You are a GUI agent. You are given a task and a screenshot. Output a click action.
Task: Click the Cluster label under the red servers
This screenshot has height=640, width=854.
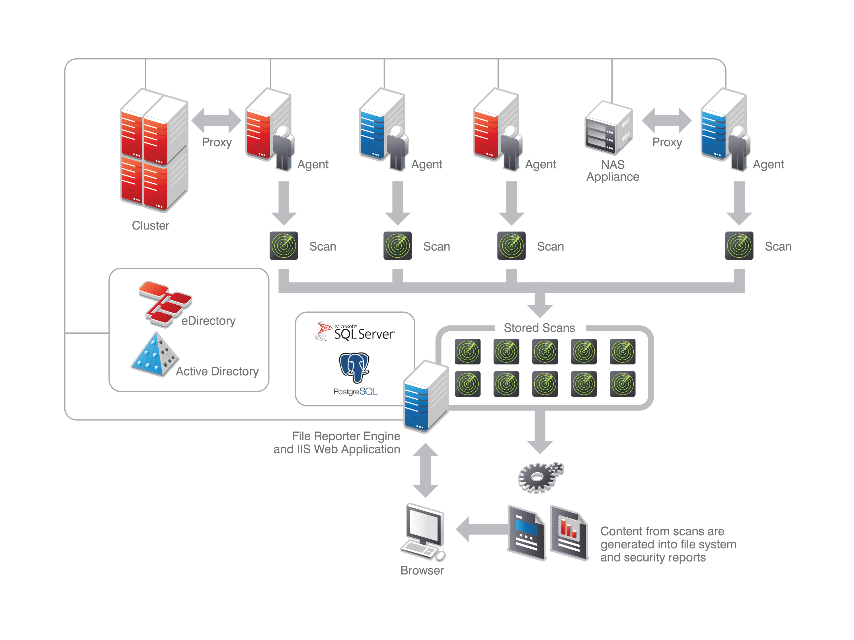click(x=150, y=225)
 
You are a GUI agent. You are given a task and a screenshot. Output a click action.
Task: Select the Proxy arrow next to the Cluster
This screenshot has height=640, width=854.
click(x=216, y=120)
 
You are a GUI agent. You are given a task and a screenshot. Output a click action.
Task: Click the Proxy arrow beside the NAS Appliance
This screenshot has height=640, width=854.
click(x=666, y=120)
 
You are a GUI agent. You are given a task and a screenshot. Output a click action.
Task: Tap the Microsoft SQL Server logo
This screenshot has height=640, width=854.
click(x=355, y=332)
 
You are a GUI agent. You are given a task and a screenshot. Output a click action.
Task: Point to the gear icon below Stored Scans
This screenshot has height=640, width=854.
click(x=540, y=478)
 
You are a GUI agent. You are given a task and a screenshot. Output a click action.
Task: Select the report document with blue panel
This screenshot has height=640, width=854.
click(x=527, y=532)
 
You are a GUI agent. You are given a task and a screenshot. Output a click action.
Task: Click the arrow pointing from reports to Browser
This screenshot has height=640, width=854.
click(x=481, y=529)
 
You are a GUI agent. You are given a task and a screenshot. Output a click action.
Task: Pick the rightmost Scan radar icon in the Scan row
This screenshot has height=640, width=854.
click(x=738, y=246)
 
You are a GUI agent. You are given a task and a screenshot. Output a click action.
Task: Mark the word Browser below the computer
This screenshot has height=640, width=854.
click(x=422, y=570)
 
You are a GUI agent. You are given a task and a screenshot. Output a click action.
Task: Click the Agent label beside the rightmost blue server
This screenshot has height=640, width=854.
click(x=768, y=164)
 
